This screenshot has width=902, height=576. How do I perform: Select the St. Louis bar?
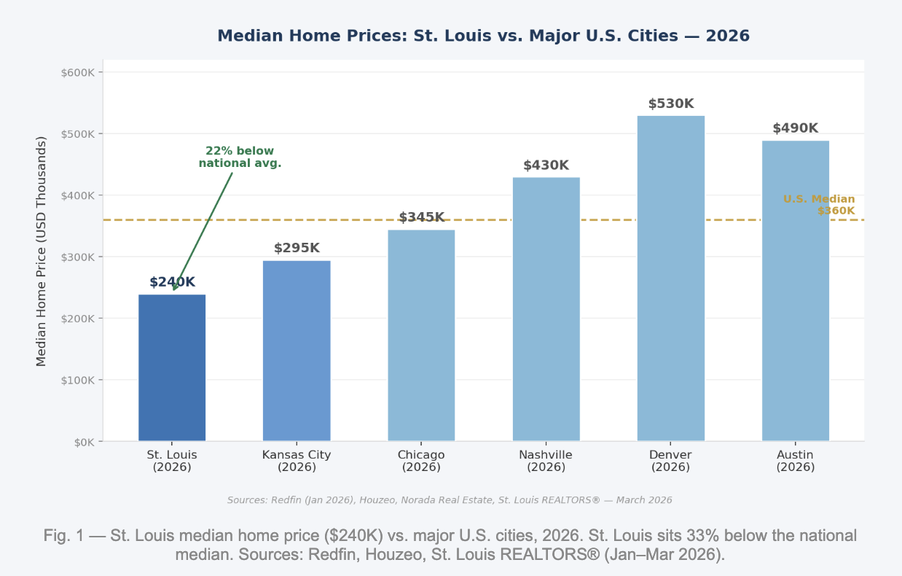pos(172,367)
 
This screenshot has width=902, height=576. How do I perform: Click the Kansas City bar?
pos(297,351)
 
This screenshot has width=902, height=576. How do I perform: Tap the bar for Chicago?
pos(421,335)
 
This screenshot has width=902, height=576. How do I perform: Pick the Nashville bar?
pos(546,309)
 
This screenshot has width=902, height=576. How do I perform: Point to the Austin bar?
pos(796,291)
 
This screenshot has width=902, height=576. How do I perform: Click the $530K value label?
pos(671,104)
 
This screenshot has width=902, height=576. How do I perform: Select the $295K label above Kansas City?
pos(297,249)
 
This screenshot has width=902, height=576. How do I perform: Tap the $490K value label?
pos(796,129)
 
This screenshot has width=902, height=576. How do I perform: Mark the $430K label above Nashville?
pos(546,166)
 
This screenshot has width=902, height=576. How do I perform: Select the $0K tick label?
pos(82,442)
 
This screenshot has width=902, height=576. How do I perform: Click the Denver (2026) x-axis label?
pos(671,461)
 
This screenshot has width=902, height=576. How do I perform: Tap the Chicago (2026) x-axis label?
pos(421,461)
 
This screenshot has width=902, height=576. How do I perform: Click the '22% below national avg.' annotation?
pos(240,157)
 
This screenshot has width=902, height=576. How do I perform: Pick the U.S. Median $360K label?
pos(820,205)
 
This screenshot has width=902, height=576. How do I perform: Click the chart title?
pos(483,36)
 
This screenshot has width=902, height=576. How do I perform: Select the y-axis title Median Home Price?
pos(42,251)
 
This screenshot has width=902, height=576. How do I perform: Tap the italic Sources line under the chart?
pos(450,500)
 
